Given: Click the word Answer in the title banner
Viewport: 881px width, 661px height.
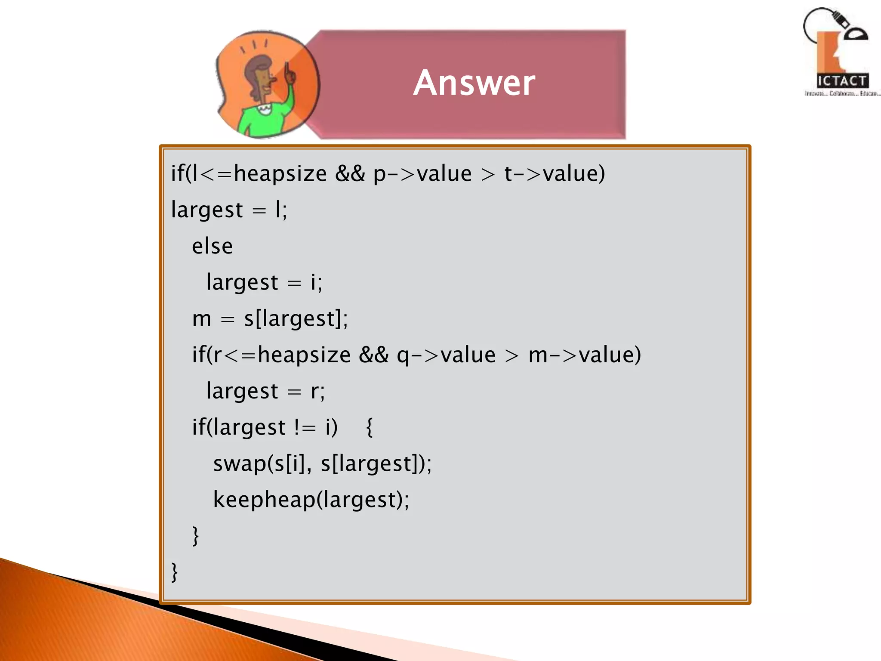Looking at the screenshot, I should [x=474, y=83].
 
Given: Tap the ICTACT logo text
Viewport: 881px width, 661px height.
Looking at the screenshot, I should [x=842, y=81].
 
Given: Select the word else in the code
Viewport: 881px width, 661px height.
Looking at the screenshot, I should [x=212, y=247].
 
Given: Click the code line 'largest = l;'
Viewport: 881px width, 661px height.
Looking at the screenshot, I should [x=229, y=210].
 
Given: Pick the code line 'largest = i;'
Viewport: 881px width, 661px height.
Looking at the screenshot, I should [x=264, y=283].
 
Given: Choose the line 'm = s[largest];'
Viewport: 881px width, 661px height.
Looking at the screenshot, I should [x=270, y=319].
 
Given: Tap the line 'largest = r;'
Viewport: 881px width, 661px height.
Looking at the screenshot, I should [x=265, y=391].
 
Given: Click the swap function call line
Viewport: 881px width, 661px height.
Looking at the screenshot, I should [x=322, y=464].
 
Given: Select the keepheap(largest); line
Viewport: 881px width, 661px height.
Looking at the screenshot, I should [x=311, y=500].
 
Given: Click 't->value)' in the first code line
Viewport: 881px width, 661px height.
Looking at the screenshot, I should [x=554, y=174].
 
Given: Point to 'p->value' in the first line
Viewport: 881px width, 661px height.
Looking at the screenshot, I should [x=422, y=174].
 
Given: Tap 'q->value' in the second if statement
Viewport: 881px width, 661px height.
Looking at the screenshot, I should [x=446, y=355].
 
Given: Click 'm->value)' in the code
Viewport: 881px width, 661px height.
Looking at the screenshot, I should [x=584, y=355].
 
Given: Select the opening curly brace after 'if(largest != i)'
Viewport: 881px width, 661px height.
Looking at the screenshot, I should [x=369, y=428].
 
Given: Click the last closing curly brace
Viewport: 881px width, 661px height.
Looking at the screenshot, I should [x=174, y=572].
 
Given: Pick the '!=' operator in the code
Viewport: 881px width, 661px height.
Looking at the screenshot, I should [x=305, y=428].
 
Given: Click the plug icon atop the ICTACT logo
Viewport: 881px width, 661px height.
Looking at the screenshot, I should [x=839, y=19].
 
